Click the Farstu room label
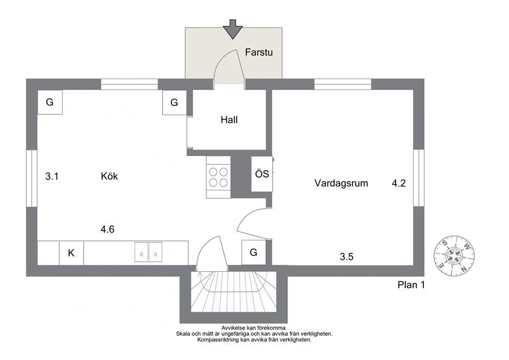tap(259, 52)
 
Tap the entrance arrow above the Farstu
tap(232, 29)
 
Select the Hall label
tap(229, 120)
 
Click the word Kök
tap(109, 176)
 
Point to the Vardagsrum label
tap(341, 183)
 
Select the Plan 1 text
tap(411, 285)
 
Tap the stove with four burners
tap(219, 177)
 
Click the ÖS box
tap(262, 174)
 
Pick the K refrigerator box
tap(71, 253)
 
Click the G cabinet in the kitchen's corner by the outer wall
tap(50, 102)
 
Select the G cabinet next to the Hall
tap(174, 102)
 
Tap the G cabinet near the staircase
tap(254, 252)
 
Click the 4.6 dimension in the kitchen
tap(107, 230)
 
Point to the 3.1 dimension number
tap(52, 177)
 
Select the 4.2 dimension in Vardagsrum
tap(399, 183)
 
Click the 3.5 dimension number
tap(346, 257)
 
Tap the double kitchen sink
tap(148, 252)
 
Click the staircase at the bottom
tap(233, 292)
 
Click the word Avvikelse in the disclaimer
tap(233, 328)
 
